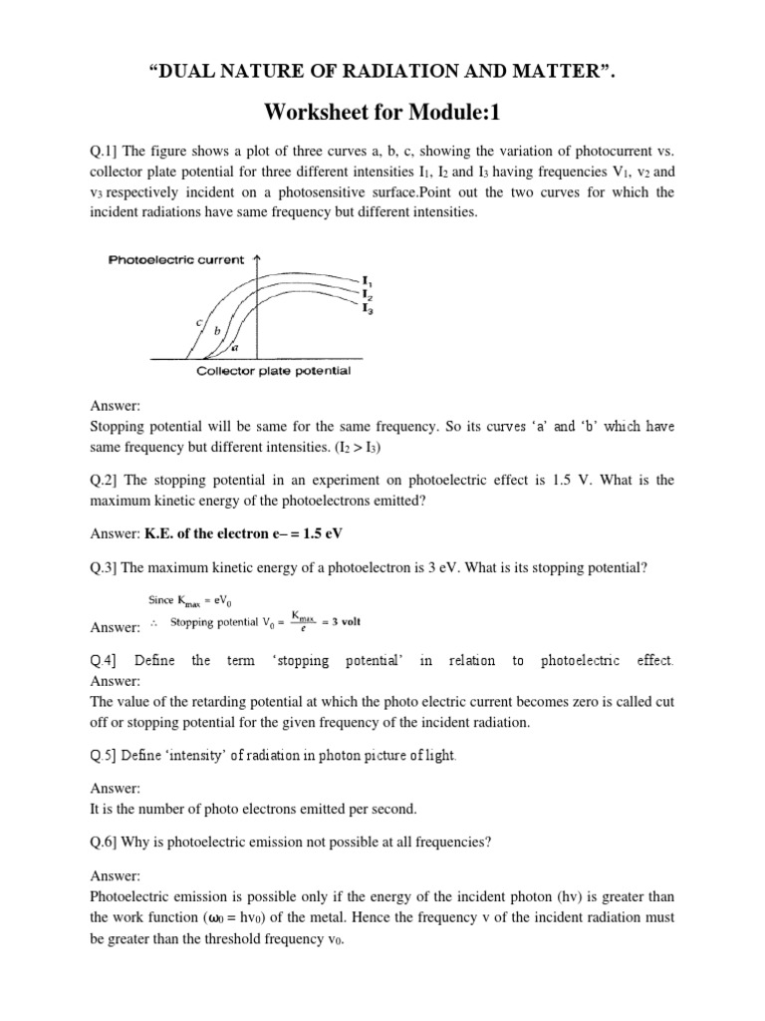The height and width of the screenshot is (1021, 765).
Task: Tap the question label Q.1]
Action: point(105,151)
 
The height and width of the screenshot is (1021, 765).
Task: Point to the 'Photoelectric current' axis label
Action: point(175,260)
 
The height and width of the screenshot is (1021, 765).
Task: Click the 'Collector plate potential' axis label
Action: point(274,372)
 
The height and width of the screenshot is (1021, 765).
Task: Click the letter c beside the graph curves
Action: point(200,322)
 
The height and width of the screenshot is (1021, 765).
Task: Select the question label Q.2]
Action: point(105,481)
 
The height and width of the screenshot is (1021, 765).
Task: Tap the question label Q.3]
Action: point(105,568)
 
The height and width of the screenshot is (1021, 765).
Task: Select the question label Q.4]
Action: point(105,661)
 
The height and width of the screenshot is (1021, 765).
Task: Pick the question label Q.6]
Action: point(105,842)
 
